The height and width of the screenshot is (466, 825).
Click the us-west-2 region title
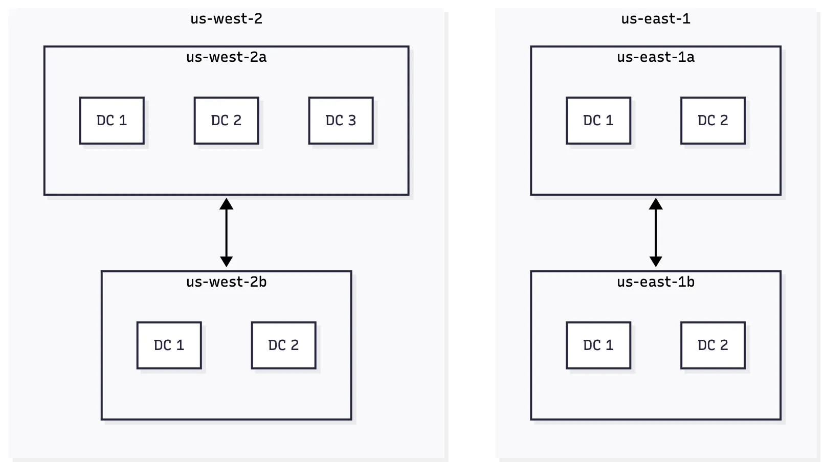226,19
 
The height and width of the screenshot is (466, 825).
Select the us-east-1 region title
655,19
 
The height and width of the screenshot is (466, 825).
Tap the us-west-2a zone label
226,57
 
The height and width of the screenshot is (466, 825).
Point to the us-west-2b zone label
226,282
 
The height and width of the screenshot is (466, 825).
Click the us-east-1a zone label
655,57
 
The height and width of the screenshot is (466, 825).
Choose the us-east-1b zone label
655,282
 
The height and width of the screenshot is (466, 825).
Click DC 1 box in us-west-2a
112,121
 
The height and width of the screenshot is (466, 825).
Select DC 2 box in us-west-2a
226,121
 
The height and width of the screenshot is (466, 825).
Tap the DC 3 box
341,121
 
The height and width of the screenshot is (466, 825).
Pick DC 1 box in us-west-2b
169,345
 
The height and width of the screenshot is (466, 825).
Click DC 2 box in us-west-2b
283,345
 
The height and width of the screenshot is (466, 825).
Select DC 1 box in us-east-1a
598,121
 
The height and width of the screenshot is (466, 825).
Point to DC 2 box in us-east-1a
712,121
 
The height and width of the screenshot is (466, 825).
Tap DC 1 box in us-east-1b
598,345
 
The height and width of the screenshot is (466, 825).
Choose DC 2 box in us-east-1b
712,345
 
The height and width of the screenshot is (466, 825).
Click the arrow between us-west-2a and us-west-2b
226,233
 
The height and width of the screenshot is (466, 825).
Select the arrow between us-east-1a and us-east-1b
655,233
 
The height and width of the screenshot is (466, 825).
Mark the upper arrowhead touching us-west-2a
226,204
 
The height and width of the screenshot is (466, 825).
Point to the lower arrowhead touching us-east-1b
655,262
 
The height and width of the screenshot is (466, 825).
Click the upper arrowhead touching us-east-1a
655,204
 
